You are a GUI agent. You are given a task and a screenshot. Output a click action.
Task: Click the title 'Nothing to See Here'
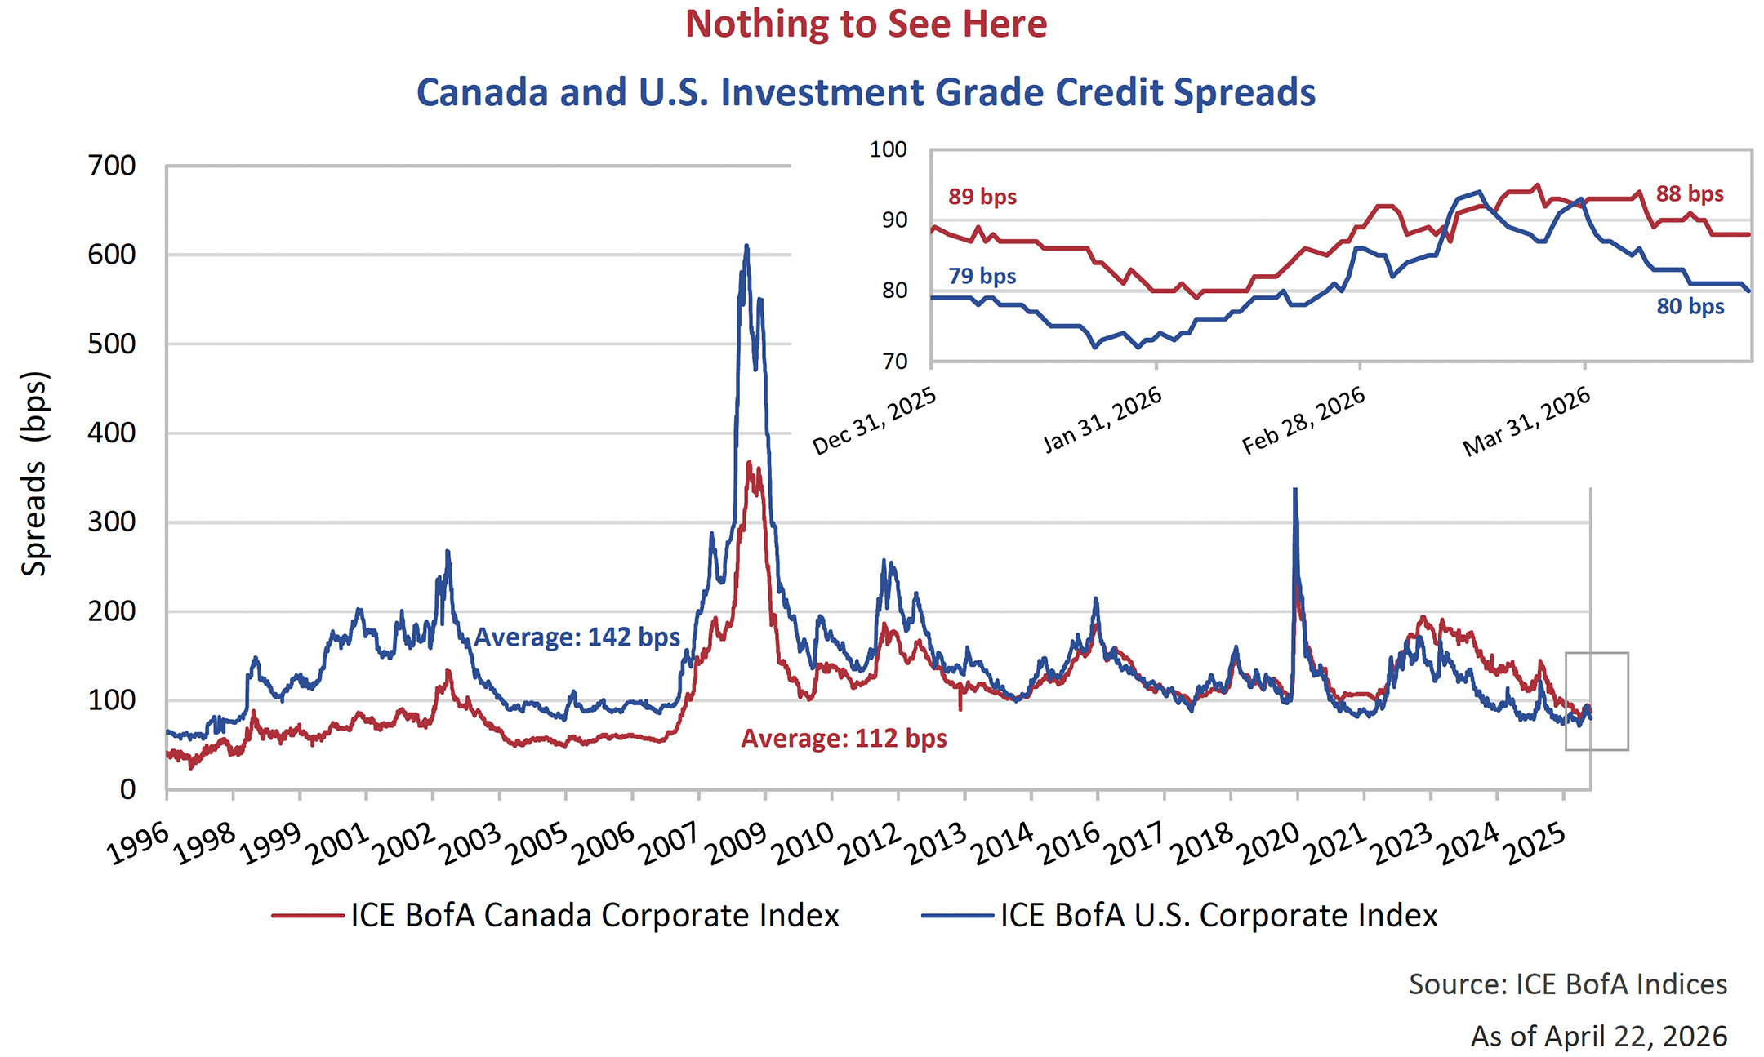pos(866,24)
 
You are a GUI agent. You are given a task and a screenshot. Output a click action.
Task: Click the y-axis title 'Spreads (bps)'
pos(34,474)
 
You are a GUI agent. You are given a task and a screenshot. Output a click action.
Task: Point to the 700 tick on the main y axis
pos(112,166)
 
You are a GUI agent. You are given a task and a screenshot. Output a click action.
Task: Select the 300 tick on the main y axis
pos(112,522)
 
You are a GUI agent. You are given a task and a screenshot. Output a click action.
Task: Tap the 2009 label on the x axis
pos(735,846)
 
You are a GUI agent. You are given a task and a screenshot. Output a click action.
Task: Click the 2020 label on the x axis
pos(1267,846)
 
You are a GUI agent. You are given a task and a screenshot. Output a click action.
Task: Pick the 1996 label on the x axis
pos(137,846)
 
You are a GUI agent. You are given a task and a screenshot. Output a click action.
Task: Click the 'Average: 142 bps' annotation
pos(577,637)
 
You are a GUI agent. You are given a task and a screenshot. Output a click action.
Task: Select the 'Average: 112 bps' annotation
pos(844,739)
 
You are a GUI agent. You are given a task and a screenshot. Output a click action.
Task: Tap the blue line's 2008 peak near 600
pos(746,246)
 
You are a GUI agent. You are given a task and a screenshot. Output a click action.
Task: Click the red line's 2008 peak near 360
pos(750,464)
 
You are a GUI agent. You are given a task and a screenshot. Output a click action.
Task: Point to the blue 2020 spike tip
pos(1295,491)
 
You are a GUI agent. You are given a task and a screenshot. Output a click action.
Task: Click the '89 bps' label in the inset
pos(982,197)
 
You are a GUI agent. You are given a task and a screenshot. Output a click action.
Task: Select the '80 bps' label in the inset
pos(1690,307)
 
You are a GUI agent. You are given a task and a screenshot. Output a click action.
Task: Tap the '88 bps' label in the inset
pos(1689,194)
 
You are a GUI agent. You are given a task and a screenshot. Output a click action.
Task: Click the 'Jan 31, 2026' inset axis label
pos(1102,420)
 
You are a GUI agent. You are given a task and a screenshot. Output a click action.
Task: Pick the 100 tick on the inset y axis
pos(889,149)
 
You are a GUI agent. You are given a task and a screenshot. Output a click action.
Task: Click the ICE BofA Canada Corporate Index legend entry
pos(555,916)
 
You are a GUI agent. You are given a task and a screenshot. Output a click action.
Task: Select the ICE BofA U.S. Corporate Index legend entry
pos(1179,916)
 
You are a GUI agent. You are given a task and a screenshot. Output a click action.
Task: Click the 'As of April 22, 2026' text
pos(1598,1037)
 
